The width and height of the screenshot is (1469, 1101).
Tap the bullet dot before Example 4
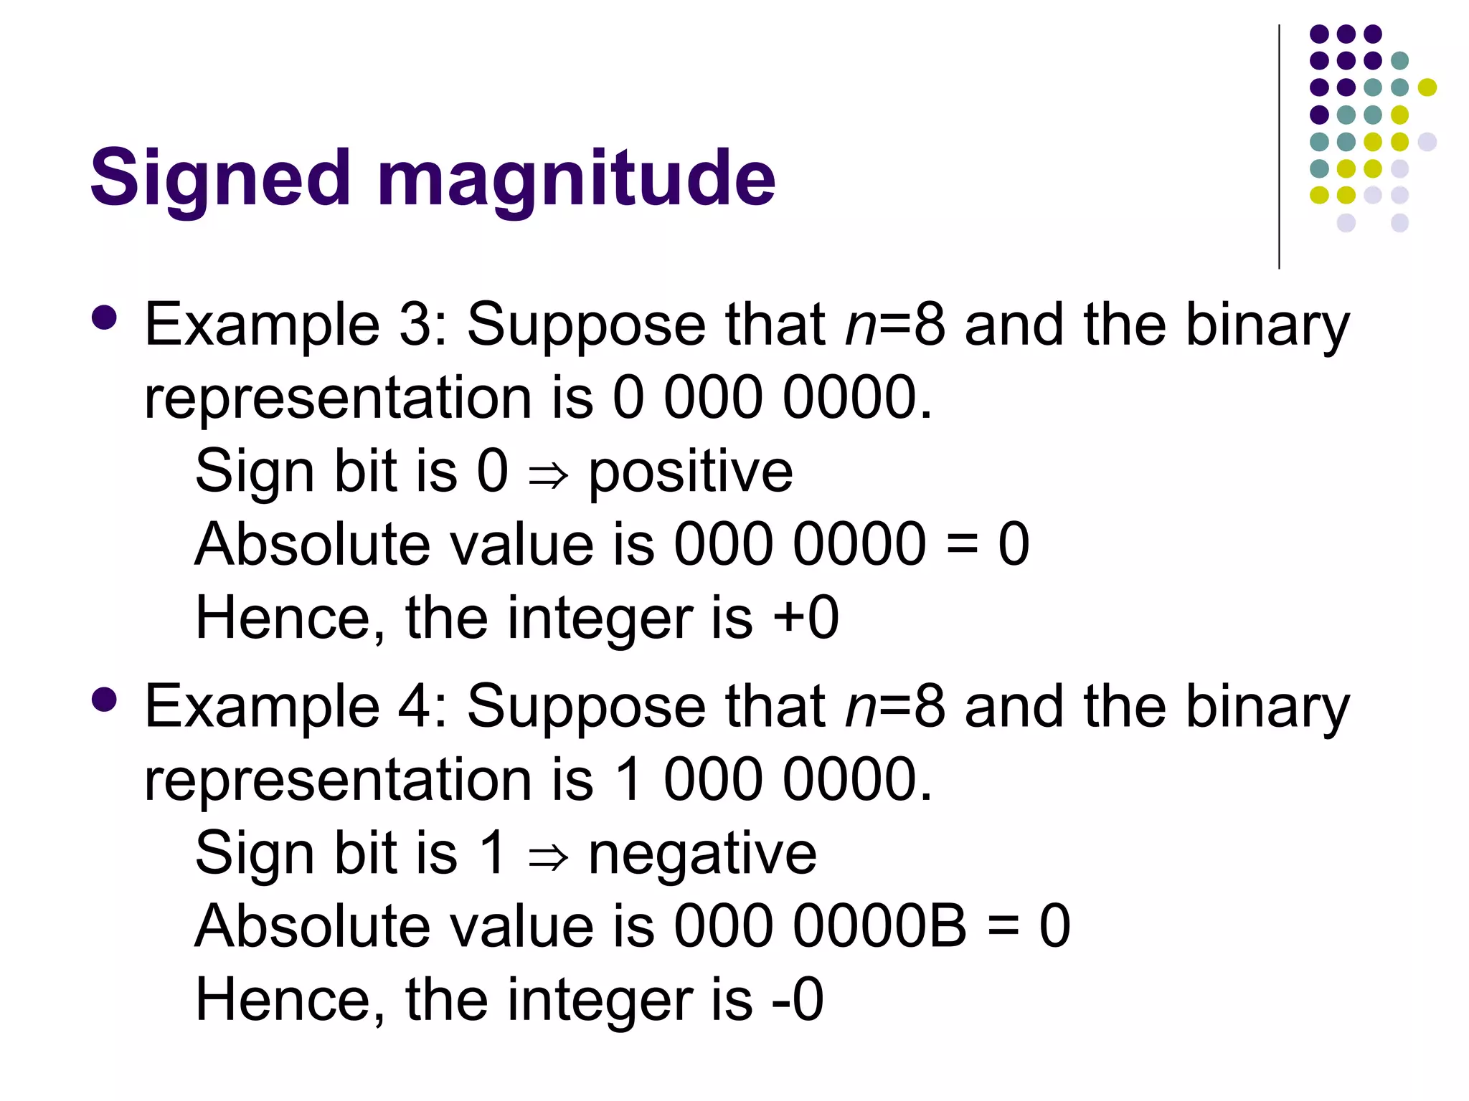[x=105, y=700]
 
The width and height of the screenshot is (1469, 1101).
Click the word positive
[x=690, y=473]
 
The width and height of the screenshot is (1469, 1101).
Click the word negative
[x=702, y=854]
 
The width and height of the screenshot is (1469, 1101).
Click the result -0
[x=797, y=1000]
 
